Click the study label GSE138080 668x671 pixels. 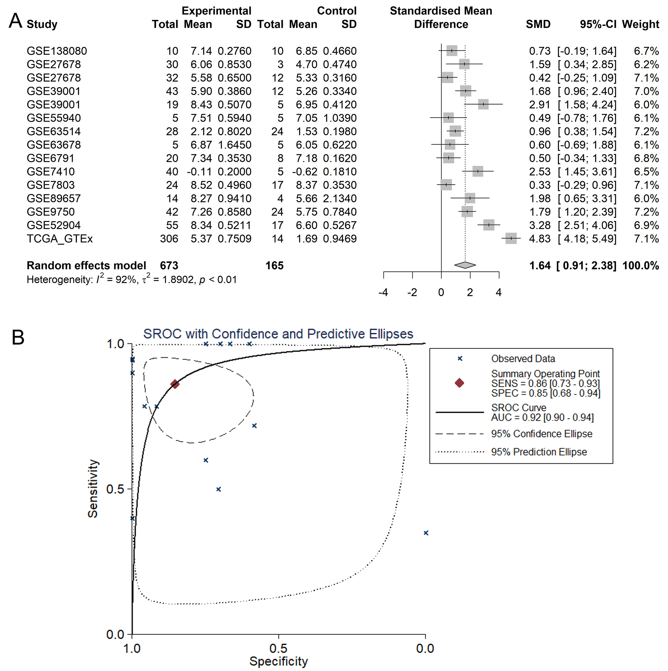click(x=57, y=51)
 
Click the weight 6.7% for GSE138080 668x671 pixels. click(x=646, y=51)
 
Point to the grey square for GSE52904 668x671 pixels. click(x=488, y=225)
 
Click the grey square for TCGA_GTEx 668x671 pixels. click(x=511, y=238)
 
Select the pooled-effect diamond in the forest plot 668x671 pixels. click(x=465, y=265)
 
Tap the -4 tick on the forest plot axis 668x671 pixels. click(x=383, y=292)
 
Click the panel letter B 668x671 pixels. click(x=18, y=337)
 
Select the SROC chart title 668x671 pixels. click(x=278, y=334)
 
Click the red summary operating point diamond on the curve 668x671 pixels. click(x=175, y=384)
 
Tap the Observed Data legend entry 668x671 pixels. click(x=523, y=358)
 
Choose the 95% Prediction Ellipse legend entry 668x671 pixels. click(x=539, y=452)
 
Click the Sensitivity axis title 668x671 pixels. click(x=93, y=488)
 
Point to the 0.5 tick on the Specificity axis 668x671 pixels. click(x=278, y=648)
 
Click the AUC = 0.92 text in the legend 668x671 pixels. click(x=542, y=417)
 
